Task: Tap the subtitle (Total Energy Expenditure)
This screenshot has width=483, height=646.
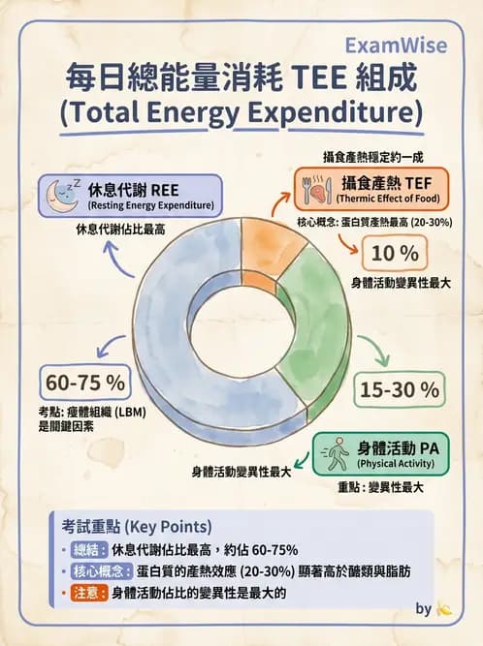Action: tap(241, 112)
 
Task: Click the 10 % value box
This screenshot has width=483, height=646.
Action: tap(395, 255)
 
